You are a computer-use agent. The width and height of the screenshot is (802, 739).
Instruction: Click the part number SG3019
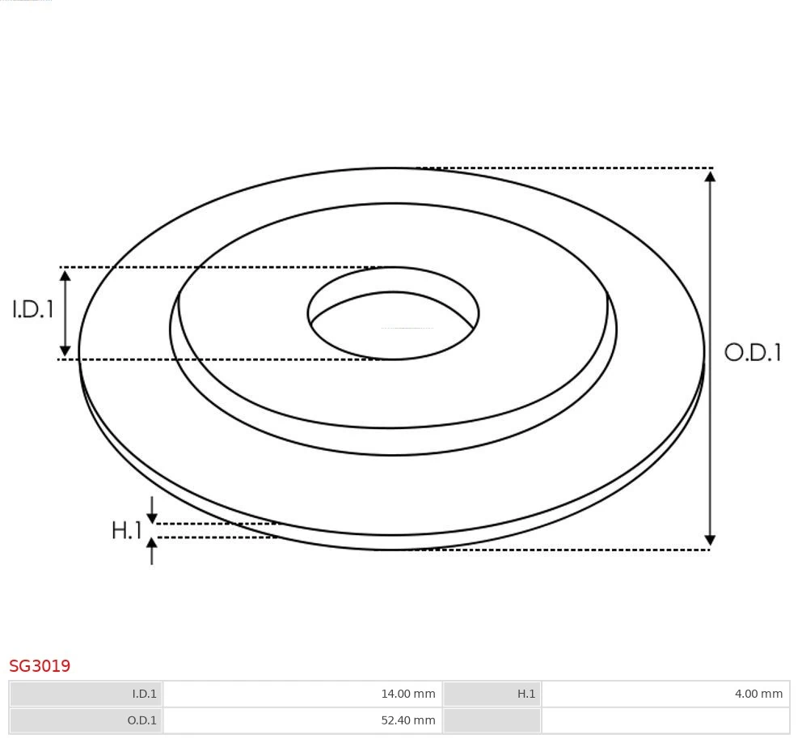(40, 666)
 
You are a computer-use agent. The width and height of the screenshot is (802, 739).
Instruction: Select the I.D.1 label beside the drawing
(32, 309)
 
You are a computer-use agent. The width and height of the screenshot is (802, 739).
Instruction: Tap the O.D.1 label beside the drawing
(753, 352)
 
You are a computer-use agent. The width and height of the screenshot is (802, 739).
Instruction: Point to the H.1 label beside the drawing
(126, 531)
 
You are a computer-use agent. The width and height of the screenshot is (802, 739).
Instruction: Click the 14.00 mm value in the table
(407, 694)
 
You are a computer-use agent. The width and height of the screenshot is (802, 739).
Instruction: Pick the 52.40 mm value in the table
(407, 720)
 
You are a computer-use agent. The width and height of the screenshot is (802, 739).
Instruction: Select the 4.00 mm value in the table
(758, 694)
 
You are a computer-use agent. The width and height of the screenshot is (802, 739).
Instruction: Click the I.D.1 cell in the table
(87, 694)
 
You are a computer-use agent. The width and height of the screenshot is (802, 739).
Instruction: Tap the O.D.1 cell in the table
(87, 720)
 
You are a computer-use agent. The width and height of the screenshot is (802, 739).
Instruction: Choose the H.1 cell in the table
(492, 694)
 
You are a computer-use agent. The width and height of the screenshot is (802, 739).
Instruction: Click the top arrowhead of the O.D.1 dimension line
(710, 176)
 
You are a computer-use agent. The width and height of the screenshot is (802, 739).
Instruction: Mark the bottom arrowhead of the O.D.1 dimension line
(710, 540)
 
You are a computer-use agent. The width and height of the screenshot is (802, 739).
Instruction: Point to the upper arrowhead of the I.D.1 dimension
(65, 275)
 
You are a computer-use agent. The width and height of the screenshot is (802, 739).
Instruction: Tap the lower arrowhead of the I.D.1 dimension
(65, 350)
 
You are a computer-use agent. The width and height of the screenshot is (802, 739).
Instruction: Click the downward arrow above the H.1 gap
(152, 517)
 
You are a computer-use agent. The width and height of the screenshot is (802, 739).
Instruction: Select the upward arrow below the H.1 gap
(152, 545)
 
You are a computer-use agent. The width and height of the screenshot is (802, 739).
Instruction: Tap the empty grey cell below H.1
(492, 720)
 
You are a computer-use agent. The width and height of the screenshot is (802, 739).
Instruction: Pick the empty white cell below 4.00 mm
(665, 720)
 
